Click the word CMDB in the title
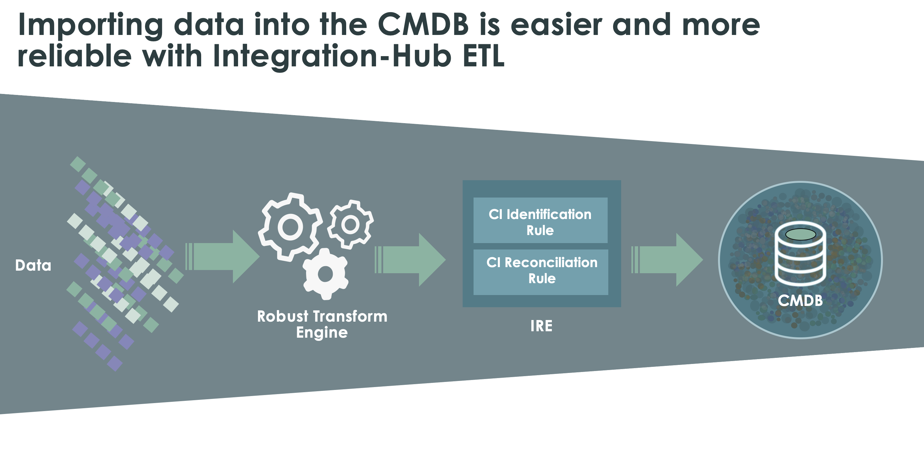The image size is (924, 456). click(x=423, y=25)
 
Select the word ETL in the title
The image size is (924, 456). click(x=483, y=57)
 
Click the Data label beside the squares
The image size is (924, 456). click(x=33, y=266)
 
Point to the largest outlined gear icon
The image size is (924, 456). click(x=290, y=227)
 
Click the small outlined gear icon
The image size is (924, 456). click(x=350, y=224)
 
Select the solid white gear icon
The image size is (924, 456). click(x=325, y=274)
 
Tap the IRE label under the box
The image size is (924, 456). click(x=541, y=326)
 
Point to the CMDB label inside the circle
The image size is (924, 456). click(x=800, y=300)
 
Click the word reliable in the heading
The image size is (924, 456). click(x=75, y=57)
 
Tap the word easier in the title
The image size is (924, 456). click(x=556, y=25)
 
